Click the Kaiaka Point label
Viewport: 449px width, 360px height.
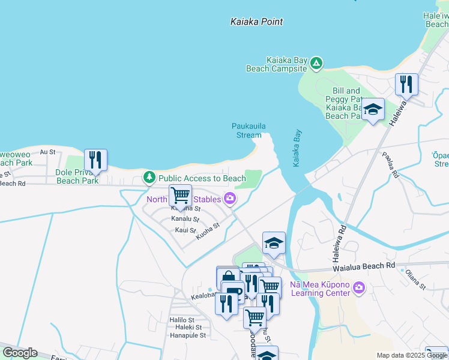tap(256, 22)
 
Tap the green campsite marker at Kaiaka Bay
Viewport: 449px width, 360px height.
tap(316, 62)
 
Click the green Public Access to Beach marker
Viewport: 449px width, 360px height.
tap(149, 178)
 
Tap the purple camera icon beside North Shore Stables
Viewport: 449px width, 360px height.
tap(229, 199)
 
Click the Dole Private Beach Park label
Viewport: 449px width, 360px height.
tap(77, 176)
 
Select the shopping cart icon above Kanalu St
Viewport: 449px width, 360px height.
tap(180, 195)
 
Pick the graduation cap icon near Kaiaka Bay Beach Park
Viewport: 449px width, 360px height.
tap(373, 109)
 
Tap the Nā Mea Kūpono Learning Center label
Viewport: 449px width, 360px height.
tap(319, 289)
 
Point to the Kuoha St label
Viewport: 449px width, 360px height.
tap(208, 232)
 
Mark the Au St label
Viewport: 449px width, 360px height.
tap(47, 152)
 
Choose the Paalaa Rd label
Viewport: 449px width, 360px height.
tap(390, 165)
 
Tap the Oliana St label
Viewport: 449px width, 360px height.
tap(415, 278)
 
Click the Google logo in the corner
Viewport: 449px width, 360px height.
tap(20, 353)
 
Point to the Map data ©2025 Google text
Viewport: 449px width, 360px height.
tap(411, 355)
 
